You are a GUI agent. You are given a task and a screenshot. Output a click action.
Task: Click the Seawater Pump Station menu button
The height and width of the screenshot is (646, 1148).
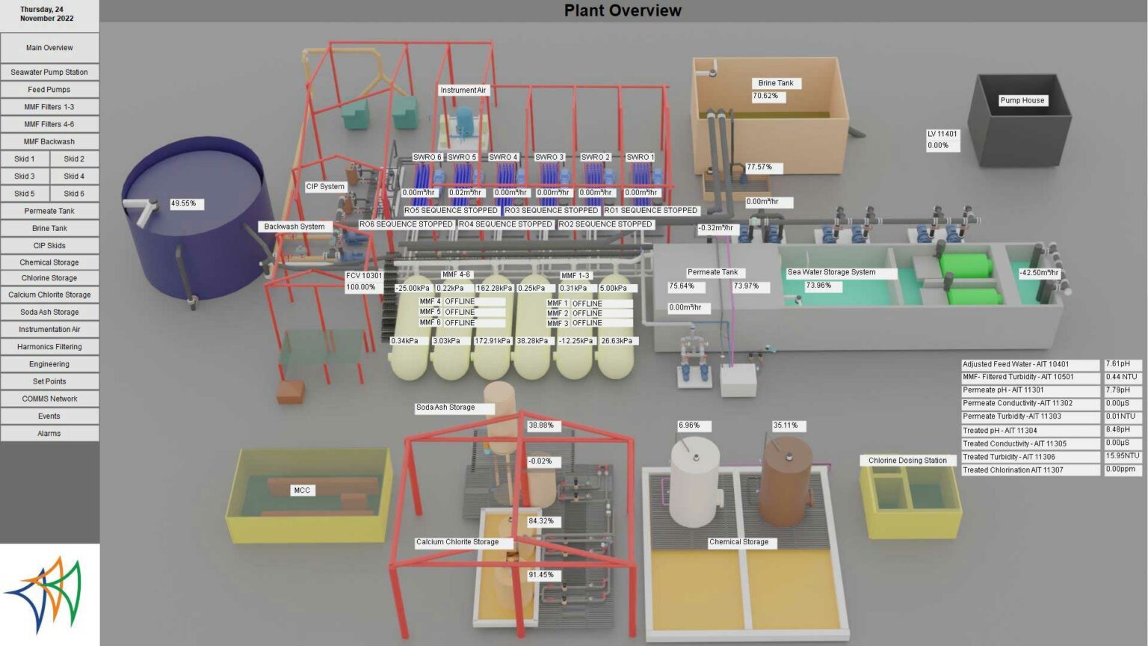(x=49, y=73)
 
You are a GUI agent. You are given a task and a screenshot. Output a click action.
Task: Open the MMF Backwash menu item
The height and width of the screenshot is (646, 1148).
(x=49, y=141)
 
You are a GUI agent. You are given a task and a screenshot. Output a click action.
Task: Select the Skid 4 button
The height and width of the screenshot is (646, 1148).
(x=74, y=176)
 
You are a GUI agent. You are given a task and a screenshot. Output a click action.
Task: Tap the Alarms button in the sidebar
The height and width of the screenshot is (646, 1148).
(x=49, y=433)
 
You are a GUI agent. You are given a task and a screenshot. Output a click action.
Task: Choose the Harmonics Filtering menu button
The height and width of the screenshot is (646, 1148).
(x=49, y=347)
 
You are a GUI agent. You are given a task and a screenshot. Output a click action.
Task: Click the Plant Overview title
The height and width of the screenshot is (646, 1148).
(x=623, y=10)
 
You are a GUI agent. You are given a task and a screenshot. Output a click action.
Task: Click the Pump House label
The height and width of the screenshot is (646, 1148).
(x=1022, y=100)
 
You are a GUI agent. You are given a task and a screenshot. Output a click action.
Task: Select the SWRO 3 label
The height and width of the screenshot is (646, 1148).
(x=549, y=158)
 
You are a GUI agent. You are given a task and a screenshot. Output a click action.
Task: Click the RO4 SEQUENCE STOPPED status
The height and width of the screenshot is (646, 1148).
(x=504, y=224)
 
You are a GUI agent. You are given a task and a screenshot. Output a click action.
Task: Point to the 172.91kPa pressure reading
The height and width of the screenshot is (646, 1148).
(x=493, y=341)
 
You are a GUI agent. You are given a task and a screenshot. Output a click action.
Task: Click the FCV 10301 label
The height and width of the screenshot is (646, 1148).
(x=364, y=276)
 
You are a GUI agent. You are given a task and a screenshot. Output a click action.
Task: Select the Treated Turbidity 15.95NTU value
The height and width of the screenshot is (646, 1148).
(x=1123, y=456)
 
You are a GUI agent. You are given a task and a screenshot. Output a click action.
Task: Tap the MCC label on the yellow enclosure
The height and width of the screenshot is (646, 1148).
(x=302, y=490)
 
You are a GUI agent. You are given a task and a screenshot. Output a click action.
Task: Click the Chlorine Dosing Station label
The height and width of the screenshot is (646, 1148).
(x=907, y=461)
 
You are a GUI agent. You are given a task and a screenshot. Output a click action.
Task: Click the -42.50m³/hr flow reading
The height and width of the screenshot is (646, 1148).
(x=1039, y=273)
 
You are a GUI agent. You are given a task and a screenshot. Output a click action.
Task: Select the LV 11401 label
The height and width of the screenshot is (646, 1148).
(x=942, y=135)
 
